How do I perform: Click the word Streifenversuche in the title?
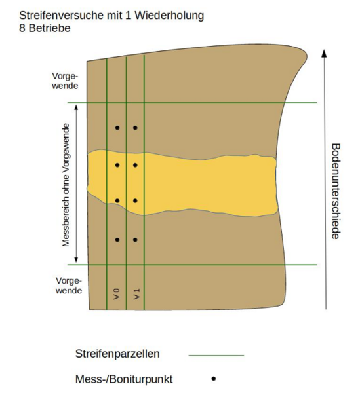(x=62, y=16)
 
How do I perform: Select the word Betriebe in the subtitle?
(x=49, y=28)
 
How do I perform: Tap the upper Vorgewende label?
(x=65, y=81)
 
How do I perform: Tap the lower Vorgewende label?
(x=69, y=286)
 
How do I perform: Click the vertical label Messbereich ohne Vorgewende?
(x=66, y=185)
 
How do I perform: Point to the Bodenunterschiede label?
(x=336, y=191)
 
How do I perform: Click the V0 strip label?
(x=117, y=294)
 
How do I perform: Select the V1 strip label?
(x=136, y=294)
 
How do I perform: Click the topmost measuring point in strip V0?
(x=117, y=128)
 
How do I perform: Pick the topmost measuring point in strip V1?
(x=135, y=128)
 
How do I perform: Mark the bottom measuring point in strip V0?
(x=117, y=240)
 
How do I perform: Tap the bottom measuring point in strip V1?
(x=135, y=240)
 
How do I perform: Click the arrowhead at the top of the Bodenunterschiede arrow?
(x=324, y=54)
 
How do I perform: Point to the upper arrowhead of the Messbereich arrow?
(x=76, y=107)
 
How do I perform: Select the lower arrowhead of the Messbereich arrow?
(x=76, y=259)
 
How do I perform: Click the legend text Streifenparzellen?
(x=117, y=354)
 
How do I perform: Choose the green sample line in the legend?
(x=216, y=355)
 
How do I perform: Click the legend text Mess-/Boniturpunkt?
(x=124, y=379)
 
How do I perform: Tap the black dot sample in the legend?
(x=214, y=379)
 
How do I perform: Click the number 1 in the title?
(x=128, y=16)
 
